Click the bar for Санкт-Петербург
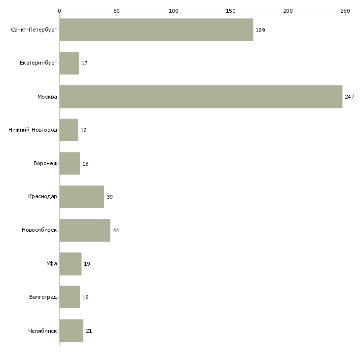point(156,30)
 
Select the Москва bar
point(201,97)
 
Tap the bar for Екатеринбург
point(69,63)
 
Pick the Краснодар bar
point(81,197)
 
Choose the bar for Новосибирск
point(84,230)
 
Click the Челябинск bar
point(71,330)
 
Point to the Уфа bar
point(70,264)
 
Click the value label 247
point(350,97)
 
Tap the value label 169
point(260,30)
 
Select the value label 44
point(116,230)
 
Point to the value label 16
point(83,130)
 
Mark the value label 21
point(89,331)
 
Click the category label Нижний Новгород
point(33,130)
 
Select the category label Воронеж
point(45,164)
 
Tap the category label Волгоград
point(43,297)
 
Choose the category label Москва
point(47,97)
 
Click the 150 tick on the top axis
point(230,10)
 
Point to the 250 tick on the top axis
point(345,10)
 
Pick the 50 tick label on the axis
point(116,10)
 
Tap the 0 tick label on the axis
point(59,10)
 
